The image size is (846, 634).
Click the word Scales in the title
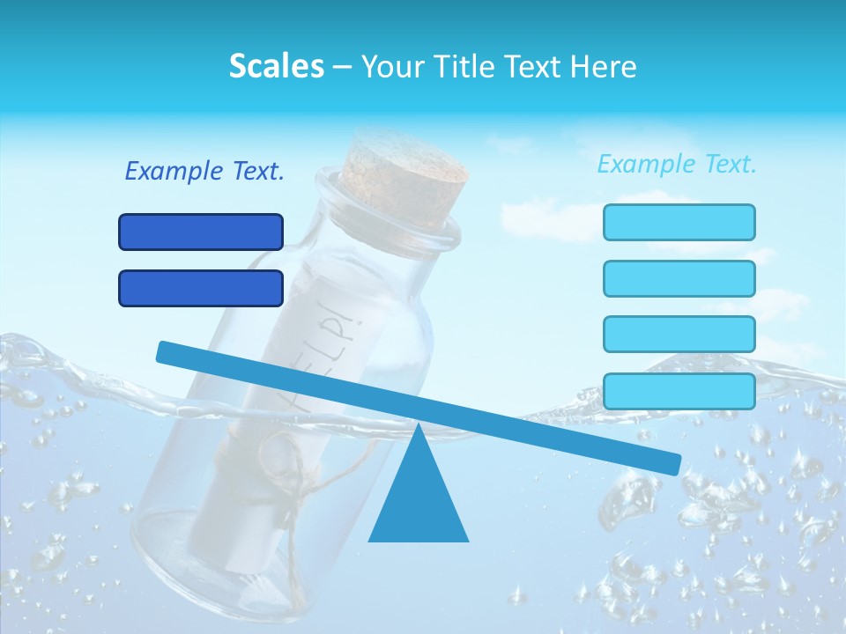click(276, 67)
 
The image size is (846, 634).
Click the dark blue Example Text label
click(204, 172)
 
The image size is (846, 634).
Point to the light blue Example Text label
click(677, 164)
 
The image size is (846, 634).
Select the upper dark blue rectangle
click(201, 232)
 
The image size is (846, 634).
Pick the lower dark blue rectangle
click(201, 288)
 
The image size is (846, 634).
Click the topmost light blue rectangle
click(679, 222)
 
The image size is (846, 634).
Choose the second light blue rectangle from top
click(679, 278)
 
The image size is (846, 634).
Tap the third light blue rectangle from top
click(679, 334)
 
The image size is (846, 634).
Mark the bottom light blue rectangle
click(679, 391)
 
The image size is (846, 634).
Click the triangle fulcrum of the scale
click(418, 498)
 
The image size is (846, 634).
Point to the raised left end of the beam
click(167, 351)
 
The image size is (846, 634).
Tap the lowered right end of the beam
click(670, 462)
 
